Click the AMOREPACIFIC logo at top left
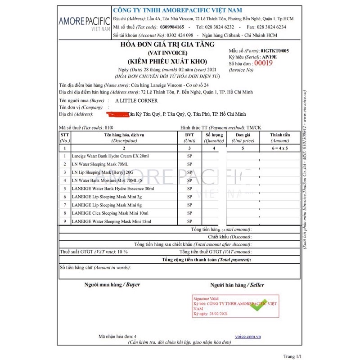click(x=85, y=22)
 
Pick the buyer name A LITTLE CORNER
click(x=136, y=101)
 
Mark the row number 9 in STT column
click(x=65, y=221)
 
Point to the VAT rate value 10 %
click(x=122, y=252)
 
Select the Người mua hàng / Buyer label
click(x=112, y=285)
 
